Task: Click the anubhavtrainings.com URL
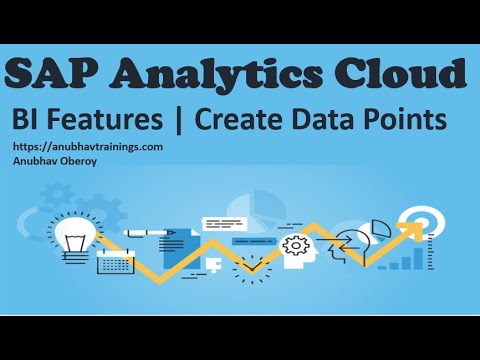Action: (x=87, y=146)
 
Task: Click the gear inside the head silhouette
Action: (x=296, y=245)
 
